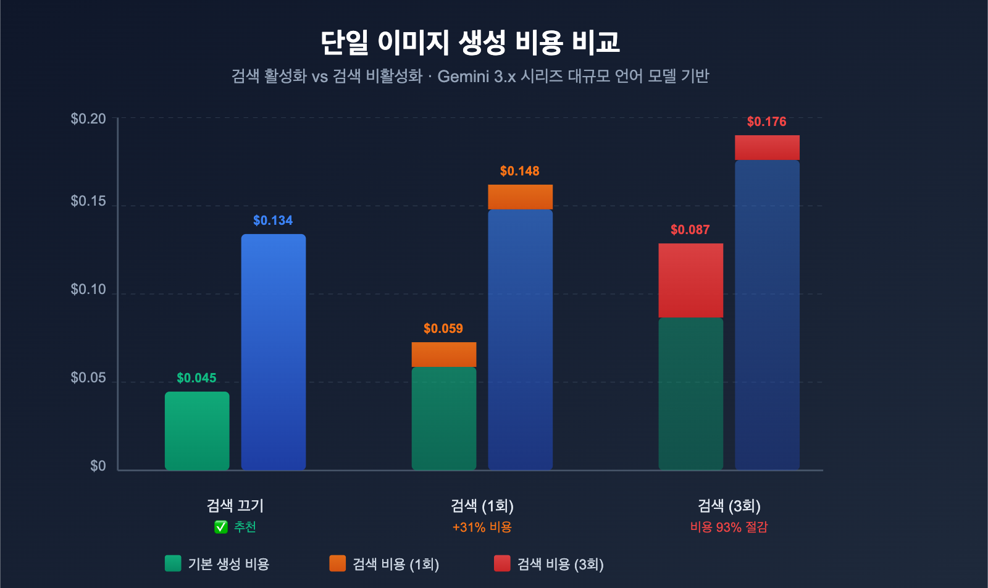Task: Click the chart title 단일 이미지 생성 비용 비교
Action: click(x=470, y=43)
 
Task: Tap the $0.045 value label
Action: click(x=196, y=378)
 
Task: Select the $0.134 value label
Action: click(x=273, y=220)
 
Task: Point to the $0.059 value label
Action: click(x=443, y=329)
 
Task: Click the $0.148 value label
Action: click(x=520, y=171)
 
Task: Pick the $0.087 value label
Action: click(x=690, y=230)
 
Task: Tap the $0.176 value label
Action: click(x=767, y=122)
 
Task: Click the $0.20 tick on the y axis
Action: click(x=88, y=119)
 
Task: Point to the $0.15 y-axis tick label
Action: click(x=88, y=201)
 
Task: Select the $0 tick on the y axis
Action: click(x=98, y=466)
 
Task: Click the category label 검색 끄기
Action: click(x=235, y=506)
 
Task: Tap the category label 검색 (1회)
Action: click(x=482, y=506)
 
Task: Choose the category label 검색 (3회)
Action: click(x=729, y=506)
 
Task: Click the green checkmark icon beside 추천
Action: click(x=221, y=527)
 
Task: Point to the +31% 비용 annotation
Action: click(x=482, y=527)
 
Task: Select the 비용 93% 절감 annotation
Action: click(x=729, y=527)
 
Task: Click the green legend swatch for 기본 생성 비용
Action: click(x=173, y=563)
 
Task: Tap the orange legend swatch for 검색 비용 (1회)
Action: click(x=338, y=563)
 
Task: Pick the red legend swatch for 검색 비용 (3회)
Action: click(x=502, y=563)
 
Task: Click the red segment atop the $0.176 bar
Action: click(x=767, y=148)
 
